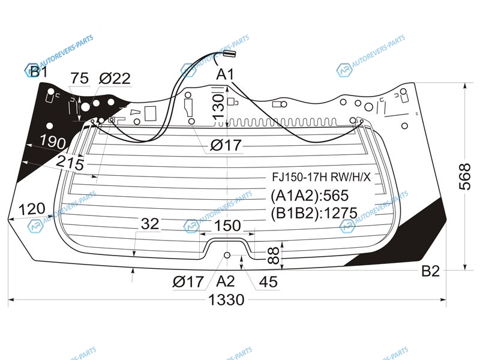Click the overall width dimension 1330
click(227, 299)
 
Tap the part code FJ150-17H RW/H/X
click(322, 178)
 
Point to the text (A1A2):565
click(310, 196)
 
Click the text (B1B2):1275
click(314, 213)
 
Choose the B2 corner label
click(430, 271)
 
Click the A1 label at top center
click(226, 74)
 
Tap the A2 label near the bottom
click(226, 281)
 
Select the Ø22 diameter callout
click(115, 79)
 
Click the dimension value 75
click(79, 79)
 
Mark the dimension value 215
click(70, 163)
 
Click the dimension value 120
click(32, 209)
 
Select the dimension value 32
click(150, 224)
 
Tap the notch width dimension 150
click(227, 226)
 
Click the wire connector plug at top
click(229, 53)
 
